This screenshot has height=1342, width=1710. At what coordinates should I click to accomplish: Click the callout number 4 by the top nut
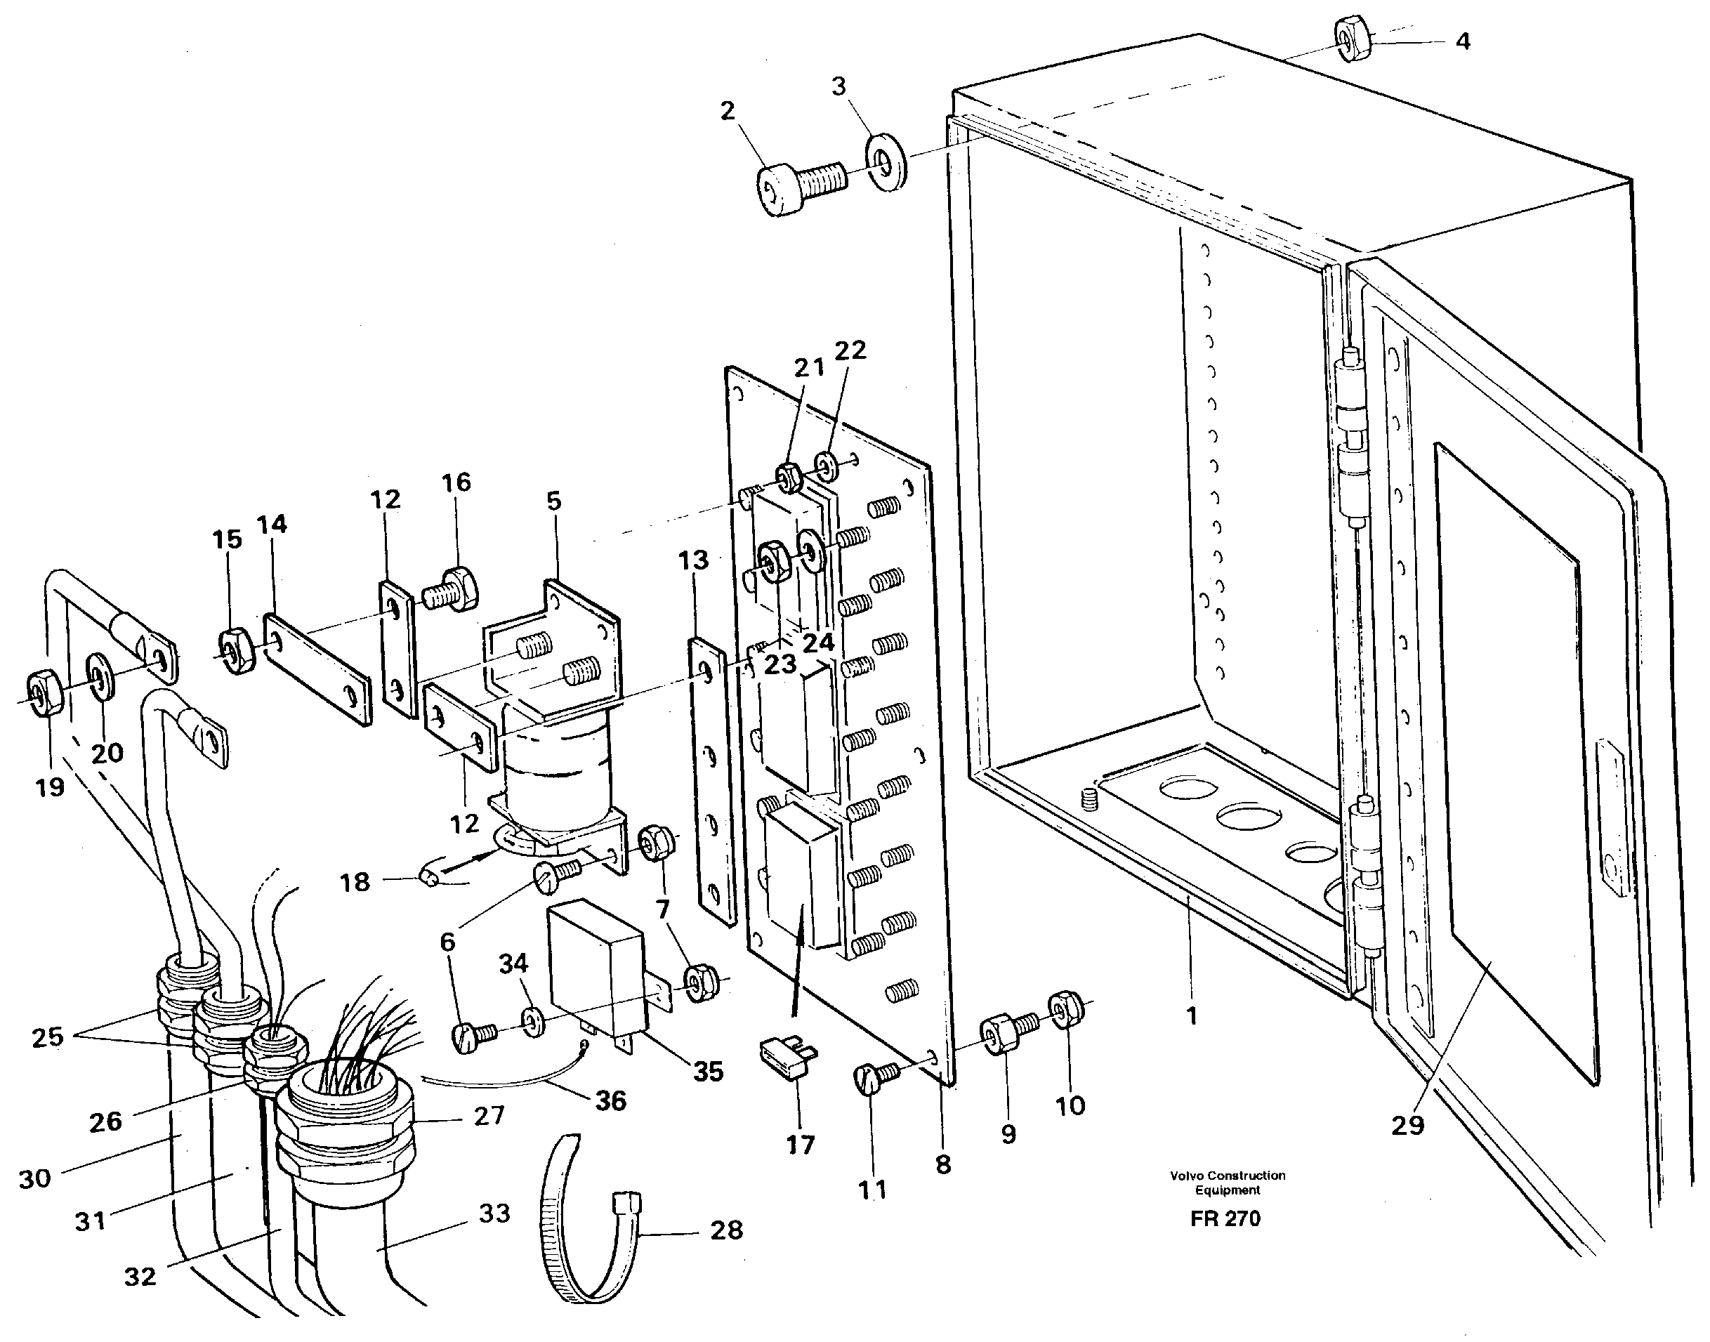click(1463, 41)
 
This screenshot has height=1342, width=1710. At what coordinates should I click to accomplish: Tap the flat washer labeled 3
click(886, 164)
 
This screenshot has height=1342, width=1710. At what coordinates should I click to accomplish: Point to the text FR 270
click(1225, 1218)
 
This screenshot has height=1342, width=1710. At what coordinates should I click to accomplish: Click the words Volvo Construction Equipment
click(1228, 1183)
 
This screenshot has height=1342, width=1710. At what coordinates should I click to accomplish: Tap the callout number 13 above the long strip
click(693, 560)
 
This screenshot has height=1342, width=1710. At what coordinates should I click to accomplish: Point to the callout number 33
click(494, 1213)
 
